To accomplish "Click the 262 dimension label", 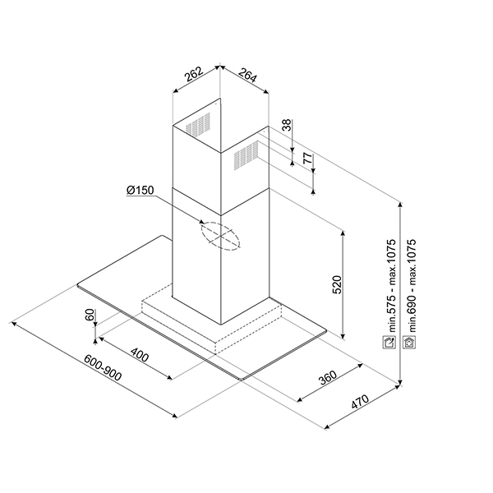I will pyautogui.click(x=194, y=76).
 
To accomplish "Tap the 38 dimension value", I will pyautogui.click(x=286, y=125).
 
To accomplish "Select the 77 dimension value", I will pyautogui.click(x=306, y=159).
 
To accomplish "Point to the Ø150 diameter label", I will pyautogui.click(x=141, y=191).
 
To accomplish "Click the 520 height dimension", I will pyautogui.click(x=335, y=285).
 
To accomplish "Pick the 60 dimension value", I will pyautogui.click(x=90, y=316).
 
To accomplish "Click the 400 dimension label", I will pyautogui.click(x=139, y=357).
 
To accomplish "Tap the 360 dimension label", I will pyautogui.click(x=327, y=378).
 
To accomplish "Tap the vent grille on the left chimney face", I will pyautogui.click(x=196, y=125).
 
